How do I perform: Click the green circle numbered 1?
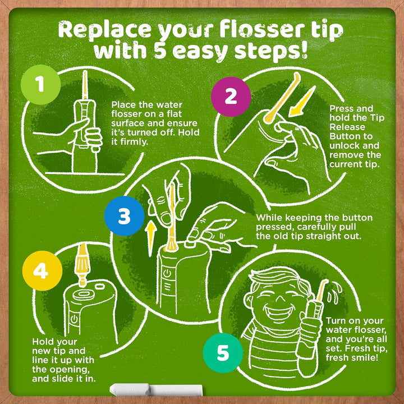click(40, 84)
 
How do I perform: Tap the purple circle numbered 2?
click(230, 97)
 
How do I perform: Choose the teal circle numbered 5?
click(223, 353)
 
